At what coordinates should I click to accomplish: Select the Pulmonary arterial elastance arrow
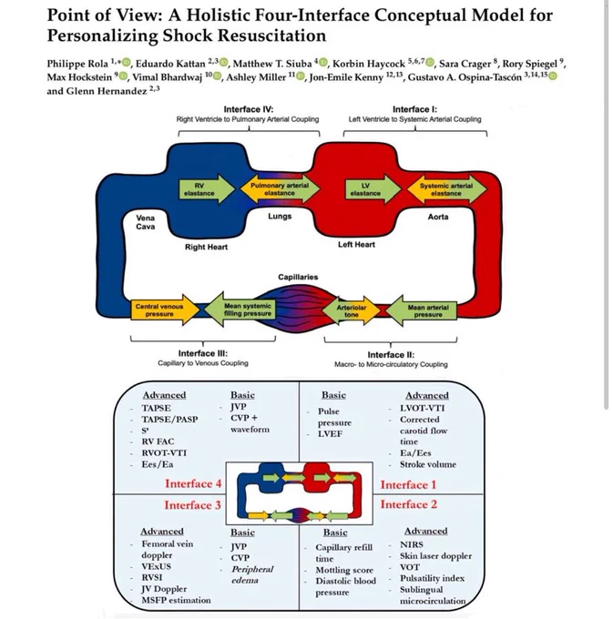point(280,189)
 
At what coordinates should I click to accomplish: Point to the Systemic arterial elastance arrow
point(446,189)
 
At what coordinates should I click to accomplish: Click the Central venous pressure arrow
point(165,309)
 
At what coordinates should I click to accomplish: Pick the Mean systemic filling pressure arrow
point(240,309)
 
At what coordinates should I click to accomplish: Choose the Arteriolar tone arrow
point(352,310)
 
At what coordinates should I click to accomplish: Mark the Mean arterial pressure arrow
point(421,310)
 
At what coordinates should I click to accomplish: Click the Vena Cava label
point(146,222)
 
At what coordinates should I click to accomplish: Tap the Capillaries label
point(298,277)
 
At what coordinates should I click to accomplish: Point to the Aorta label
point(438,217)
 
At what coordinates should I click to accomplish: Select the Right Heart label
point(206,247)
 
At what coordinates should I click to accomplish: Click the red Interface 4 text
point(193,483)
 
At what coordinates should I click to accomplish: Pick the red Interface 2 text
point(409,504)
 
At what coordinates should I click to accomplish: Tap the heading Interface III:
point(203,353)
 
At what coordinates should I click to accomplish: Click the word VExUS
point(157,566)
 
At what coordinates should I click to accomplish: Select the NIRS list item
point(412,544)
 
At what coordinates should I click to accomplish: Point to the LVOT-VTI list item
point(423,408)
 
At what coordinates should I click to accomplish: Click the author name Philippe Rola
point(77,64)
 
